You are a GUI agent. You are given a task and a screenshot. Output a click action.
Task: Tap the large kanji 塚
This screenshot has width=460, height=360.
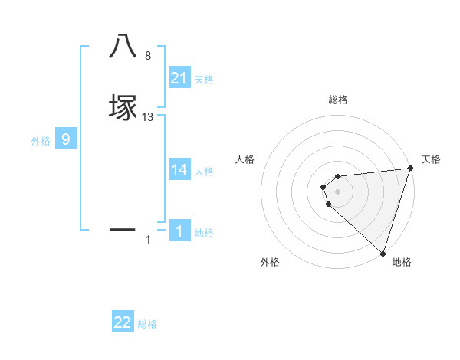click(x=123, y=106)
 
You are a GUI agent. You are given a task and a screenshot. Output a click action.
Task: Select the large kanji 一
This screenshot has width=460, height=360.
click(x=123, y=229)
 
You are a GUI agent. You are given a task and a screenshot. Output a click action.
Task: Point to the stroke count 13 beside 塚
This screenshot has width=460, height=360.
click(x=148, y=117)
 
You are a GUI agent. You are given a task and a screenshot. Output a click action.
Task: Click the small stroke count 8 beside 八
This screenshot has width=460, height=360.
click(x=148, y=56)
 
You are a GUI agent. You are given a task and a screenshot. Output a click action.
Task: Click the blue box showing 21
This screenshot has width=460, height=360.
click(x=179, y=78)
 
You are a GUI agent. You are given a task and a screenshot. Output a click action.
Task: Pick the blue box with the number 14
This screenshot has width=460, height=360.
click(x=179, y=170)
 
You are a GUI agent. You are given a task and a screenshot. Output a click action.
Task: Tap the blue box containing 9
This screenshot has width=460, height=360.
click(x=66, y=139)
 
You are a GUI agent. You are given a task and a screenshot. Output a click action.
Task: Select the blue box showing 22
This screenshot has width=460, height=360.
click(x=123, y=322)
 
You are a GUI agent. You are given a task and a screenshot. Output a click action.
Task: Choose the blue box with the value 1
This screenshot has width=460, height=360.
click(x=179, y=231)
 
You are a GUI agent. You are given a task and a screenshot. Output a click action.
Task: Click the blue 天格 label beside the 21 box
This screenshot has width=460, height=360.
click(x=204, y=80)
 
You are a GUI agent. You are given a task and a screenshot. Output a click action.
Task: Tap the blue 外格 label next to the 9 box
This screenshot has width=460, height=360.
click(x=41, y=141)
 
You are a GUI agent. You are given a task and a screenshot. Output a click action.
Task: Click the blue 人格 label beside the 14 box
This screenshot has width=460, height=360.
click(x=204, y=172)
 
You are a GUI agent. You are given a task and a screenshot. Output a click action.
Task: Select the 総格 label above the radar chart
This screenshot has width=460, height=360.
click(x=338, y=100)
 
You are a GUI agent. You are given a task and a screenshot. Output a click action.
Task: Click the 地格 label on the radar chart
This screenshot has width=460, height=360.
click(x=402, y=262)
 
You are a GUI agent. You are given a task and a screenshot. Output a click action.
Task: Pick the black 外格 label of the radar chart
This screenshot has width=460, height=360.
click(x=270, y=262)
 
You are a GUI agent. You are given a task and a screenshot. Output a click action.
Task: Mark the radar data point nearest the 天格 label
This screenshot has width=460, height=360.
click(x=409, y=169)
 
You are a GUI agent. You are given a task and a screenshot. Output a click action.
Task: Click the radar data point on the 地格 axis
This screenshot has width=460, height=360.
click(x=382, y=252)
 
